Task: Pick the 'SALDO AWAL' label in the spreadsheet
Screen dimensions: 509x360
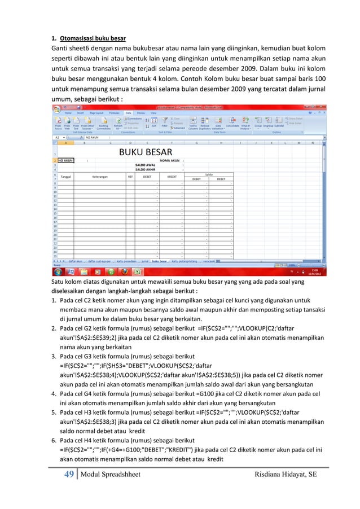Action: [146, 165]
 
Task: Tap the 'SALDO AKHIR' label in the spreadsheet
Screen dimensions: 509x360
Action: [146, 169]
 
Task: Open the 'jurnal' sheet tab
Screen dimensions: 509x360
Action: [144, 261]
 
